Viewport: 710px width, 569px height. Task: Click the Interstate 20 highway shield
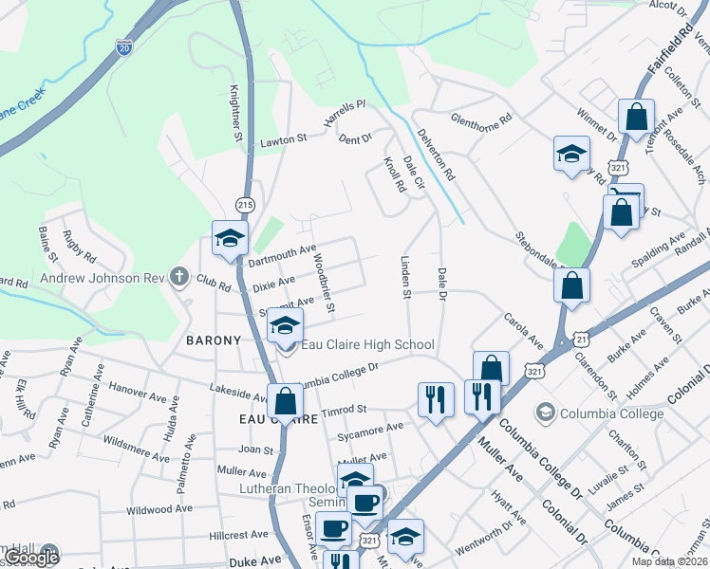pos(124,47)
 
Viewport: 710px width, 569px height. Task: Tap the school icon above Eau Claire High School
pos(284,326)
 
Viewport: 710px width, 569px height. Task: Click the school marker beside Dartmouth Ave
pos(229,239)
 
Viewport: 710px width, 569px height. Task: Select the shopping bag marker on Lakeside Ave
pos(285,401)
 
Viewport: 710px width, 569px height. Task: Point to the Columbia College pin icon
pos(545,412)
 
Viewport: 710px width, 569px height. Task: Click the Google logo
pos(32,558)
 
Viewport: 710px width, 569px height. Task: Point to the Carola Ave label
pos(523,331)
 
